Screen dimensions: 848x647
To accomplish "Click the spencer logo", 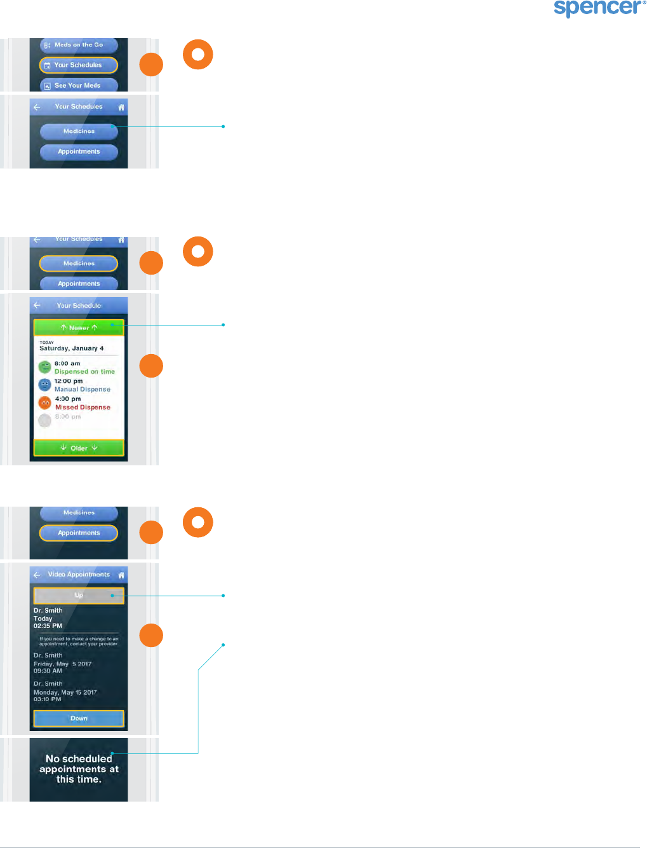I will point(599,8).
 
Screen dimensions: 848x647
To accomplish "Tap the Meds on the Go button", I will point(79,45).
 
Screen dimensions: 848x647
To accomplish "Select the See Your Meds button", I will point(79,85).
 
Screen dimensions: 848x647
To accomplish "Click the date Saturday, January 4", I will point(71,348).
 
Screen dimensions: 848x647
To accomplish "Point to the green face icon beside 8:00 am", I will point(44,367).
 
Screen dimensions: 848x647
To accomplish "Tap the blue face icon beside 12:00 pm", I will point(44,385).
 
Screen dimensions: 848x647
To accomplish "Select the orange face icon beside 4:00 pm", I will point(44,402).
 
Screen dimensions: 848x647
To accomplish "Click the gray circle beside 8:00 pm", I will point(44,420).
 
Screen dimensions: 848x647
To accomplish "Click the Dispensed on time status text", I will point(84,372).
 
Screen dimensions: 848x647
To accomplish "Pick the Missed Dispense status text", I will point(83,407).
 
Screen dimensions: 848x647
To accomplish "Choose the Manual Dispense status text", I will point(82,390).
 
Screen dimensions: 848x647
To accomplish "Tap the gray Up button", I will point(79,595).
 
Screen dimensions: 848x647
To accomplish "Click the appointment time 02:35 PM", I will point(48,626).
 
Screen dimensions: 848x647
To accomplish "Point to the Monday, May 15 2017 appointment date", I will point(65,692).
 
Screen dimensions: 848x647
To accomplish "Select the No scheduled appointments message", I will point(79,769).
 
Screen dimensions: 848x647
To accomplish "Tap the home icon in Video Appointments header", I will point(121,575).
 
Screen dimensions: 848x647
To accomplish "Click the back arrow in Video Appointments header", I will point(37,575).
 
